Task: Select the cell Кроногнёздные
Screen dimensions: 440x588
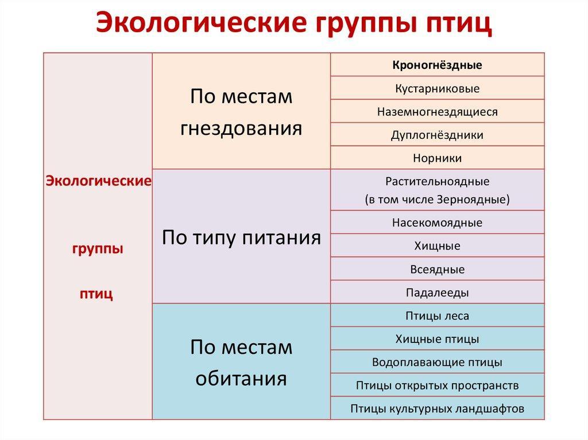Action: click(x=437, y=65)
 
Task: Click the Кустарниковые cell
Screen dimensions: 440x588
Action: click(x=437, y=88)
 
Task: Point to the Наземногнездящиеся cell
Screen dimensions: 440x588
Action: click(x=437, y=112)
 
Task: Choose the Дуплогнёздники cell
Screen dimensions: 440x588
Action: click(x=437, y=135)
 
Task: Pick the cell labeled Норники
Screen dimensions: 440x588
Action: click(x=437, y=158)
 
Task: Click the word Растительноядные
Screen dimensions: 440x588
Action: click(x=437, y=182)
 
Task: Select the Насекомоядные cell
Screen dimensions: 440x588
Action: click(x=437, y=223)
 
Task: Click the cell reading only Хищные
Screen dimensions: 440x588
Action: click(x=437, y=246)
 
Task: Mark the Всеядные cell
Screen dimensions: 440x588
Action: click(x=437, y=269)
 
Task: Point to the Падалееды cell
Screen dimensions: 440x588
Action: click(x=437, y=293)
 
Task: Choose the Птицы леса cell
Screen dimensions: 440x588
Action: click(x=437, y=316)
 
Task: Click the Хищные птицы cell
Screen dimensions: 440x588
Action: click(x=437, y=339)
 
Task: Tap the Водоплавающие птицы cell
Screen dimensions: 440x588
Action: click(x=437, y=363)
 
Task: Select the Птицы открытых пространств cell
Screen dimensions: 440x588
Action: click(x=437, y=386)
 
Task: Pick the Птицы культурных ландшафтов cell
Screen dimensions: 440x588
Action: click(x=437, y=409)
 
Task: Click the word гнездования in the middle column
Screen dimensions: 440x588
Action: click(x=241, y=127)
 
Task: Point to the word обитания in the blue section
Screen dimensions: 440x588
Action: click(x=241, y=379)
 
